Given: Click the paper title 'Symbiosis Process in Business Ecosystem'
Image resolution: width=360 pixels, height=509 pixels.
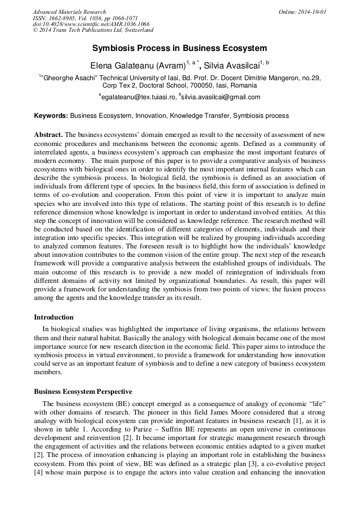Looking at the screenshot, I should point(179,48).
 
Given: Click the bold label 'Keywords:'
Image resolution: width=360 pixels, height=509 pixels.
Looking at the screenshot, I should point(51,115).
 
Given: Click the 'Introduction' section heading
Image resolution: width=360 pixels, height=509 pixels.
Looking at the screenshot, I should point(54,317).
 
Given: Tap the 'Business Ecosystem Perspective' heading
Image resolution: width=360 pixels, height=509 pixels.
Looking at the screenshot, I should point(83,392).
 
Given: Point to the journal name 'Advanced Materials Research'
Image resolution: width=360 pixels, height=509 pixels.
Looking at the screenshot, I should point(69,12).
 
